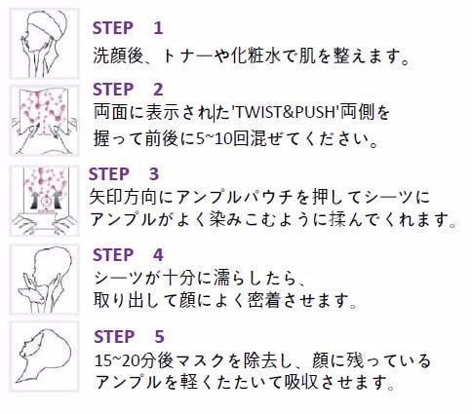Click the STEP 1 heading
[128, 28]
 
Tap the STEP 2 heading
[128, 90]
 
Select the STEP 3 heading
[124, 174]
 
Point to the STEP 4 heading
[128, 255]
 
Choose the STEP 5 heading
[129, 336]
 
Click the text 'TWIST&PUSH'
[285, 112]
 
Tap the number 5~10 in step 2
[215, 139]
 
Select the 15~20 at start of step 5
[113, 361]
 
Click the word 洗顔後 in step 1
[118, 56]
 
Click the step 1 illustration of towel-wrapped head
[44, 44]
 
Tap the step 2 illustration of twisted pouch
[44, 120]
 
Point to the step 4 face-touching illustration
[44, 280]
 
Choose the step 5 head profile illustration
[44, 357]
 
